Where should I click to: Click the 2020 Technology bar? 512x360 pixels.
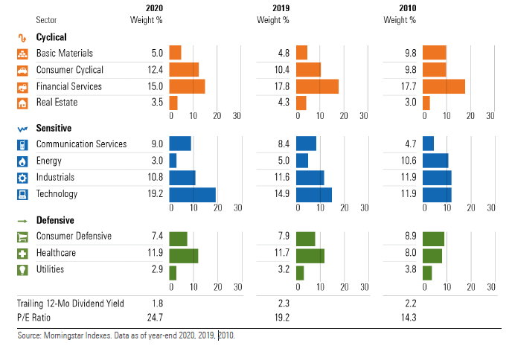coord(192,194)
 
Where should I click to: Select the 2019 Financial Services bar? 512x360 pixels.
coord(317,86)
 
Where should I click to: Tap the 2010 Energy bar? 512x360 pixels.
coord(435,161)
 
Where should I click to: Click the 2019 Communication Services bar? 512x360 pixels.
coord(306,144)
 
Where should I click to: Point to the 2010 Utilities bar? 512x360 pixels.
coord(427,272)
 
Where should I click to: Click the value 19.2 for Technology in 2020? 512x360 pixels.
coord(154,194)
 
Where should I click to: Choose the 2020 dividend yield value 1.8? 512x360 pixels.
coord(156,303)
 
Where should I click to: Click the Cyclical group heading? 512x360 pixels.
coord(51,36)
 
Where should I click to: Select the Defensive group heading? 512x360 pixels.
coord(54,221)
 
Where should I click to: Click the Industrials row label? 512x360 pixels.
coord(57,177)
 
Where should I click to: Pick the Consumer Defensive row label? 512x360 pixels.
coord(74,236)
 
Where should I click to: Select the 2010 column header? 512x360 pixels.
coord(406,8)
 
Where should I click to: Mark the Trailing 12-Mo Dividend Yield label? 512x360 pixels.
coord(71,303)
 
